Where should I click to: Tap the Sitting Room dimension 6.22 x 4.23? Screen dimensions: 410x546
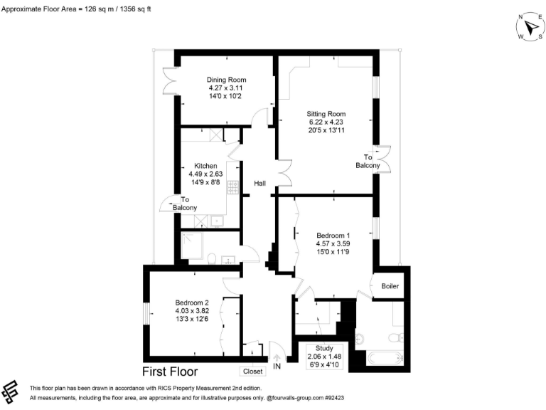326,122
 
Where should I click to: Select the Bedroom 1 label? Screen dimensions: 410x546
333,236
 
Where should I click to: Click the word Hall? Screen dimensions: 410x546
260,184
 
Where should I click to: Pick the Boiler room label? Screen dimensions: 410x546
390,286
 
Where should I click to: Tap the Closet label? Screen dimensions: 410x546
252,371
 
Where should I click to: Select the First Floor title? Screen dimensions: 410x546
170,372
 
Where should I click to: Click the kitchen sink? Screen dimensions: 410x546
216,221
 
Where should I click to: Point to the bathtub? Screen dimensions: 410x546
384,357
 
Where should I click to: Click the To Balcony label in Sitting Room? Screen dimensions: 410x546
368,162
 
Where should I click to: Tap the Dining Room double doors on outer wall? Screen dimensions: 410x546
171,80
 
